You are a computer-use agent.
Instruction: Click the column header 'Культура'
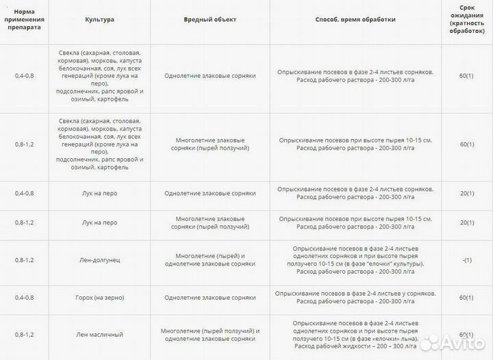coord(100,20)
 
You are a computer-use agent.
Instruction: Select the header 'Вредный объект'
coord(210,20)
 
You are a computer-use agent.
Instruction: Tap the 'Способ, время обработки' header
coord(355,20)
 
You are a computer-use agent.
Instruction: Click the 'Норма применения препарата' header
coord(24,20)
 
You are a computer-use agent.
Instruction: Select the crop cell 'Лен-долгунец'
coord(100,259)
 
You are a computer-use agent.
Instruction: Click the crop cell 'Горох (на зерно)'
coord(100,298)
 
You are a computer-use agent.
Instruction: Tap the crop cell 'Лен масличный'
coord(100,335)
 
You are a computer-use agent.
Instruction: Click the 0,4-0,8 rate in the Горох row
coord(24,298)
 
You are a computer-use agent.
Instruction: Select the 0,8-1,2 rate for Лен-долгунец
coord(24,259)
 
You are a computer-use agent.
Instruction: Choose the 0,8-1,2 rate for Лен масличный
coord(24,335)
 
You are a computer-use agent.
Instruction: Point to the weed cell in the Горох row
coord(210,298)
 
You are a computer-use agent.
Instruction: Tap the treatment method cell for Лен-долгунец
coord(355,259)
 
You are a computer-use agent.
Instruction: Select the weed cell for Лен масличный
coord(210,335)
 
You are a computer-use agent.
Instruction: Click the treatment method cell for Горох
coord(355,298)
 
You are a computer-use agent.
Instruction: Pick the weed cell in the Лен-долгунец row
coord(210,259)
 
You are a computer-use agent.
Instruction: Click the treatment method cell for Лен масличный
coord(355,335)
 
